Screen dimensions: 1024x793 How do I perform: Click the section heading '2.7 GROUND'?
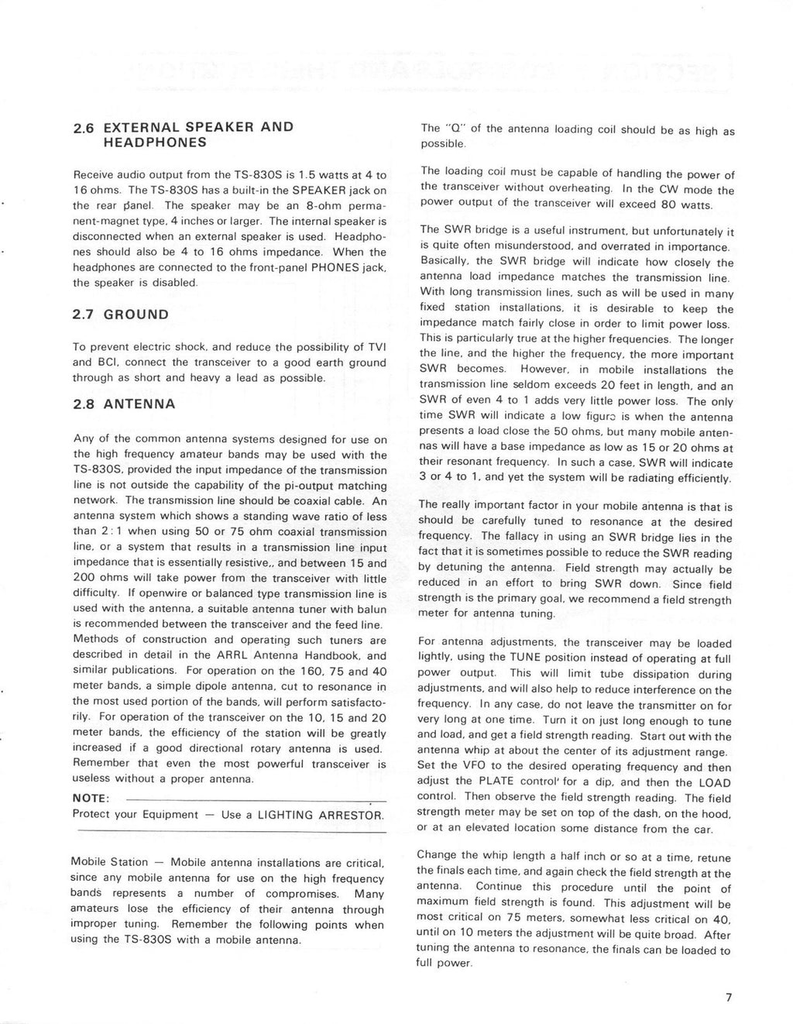(120, 314)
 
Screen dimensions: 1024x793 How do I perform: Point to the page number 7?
(728, 998)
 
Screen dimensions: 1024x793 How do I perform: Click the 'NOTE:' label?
(91, 799)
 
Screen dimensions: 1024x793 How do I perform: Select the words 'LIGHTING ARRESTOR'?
(319, 815)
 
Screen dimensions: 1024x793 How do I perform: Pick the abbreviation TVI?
(376, 346)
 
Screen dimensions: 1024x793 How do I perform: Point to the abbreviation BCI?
(106, 362)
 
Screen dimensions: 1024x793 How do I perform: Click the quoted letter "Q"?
(451, 129)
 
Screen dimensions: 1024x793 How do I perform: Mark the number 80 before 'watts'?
(658, 204)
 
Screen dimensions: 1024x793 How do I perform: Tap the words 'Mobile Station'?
(109, 863)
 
